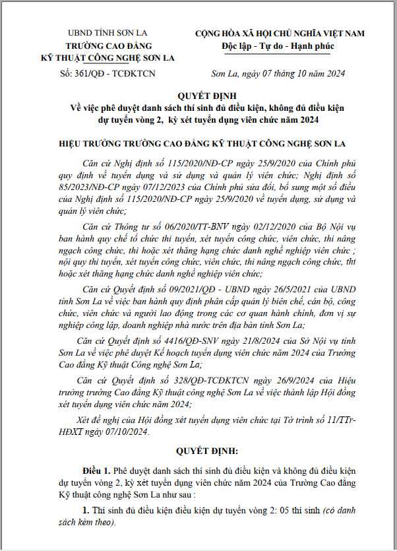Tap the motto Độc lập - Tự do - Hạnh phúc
(279, 46)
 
